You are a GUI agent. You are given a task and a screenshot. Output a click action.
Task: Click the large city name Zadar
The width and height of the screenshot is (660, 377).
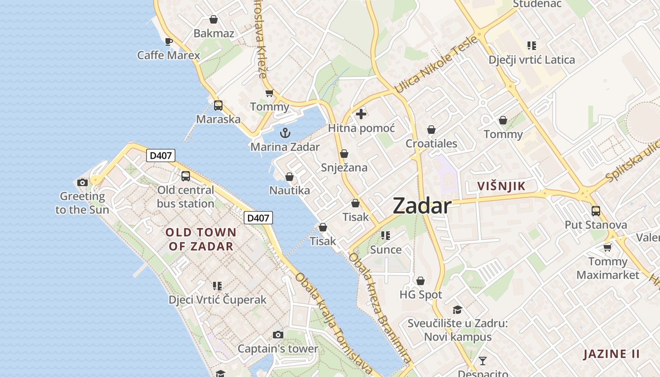[x=422, y=206]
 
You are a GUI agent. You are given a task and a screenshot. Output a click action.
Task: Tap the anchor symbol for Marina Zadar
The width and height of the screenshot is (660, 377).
[x=285, y=133]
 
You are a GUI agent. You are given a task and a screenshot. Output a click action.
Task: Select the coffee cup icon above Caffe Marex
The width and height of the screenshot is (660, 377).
[x=168, y=41]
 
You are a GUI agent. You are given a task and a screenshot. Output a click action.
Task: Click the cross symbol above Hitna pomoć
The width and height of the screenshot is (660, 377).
[x=361, y=114]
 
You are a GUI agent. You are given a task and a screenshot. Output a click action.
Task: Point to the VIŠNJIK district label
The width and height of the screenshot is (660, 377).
[x=501, y=186]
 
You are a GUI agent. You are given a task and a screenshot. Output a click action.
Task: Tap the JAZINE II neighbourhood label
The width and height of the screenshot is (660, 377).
[x=611, y=354]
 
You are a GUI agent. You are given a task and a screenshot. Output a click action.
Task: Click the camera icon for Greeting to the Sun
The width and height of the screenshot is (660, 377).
[x=82, y=182]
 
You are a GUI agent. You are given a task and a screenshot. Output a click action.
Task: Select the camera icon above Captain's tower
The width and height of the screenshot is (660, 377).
[x=278, y=335]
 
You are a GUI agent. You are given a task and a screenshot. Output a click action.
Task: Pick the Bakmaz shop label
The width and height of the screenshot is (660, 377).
[x=214, y=33]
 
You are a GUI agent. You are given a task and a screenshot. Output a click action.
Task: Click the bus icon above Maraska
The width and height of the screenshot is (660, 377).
[x=218, y=106]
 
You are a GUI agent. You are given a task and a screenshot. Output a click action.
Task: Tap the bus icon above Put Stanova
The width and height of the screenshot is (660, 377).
[x=596, y=211]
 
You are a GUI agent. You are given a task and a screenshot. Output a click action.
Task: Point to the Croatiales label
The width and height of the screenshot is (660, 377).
[x=431, y=143]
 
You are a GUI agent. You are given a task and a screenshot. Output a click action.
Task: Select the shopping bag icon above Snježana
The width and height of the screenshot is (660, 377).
[x=344, y=154]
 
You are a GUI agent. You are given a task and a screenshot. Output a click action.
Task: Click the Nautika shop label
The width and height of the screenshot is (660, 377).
[x=289, y=190]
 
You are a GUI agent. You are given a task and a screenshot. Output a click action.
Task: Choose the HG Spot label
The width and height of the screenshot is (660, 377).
[x=421, y=295]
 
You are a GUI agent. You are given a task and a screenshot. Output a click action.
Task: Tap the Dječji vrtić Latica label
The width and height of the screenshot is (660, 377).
[x=532, y=60]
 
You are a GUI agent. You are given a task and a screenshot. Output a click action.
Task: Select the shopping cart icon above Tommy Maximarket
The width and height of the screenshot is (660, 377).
[x=608, y=247]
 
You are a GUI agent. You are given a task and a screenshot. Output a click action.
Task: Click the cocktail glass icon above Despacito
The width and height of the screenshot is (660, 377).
[x=483, y=361]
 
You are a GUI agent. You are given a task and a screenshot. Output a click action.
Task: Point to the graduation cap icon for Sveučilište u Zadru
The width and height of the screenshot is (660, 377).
[x=457, y=310]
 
